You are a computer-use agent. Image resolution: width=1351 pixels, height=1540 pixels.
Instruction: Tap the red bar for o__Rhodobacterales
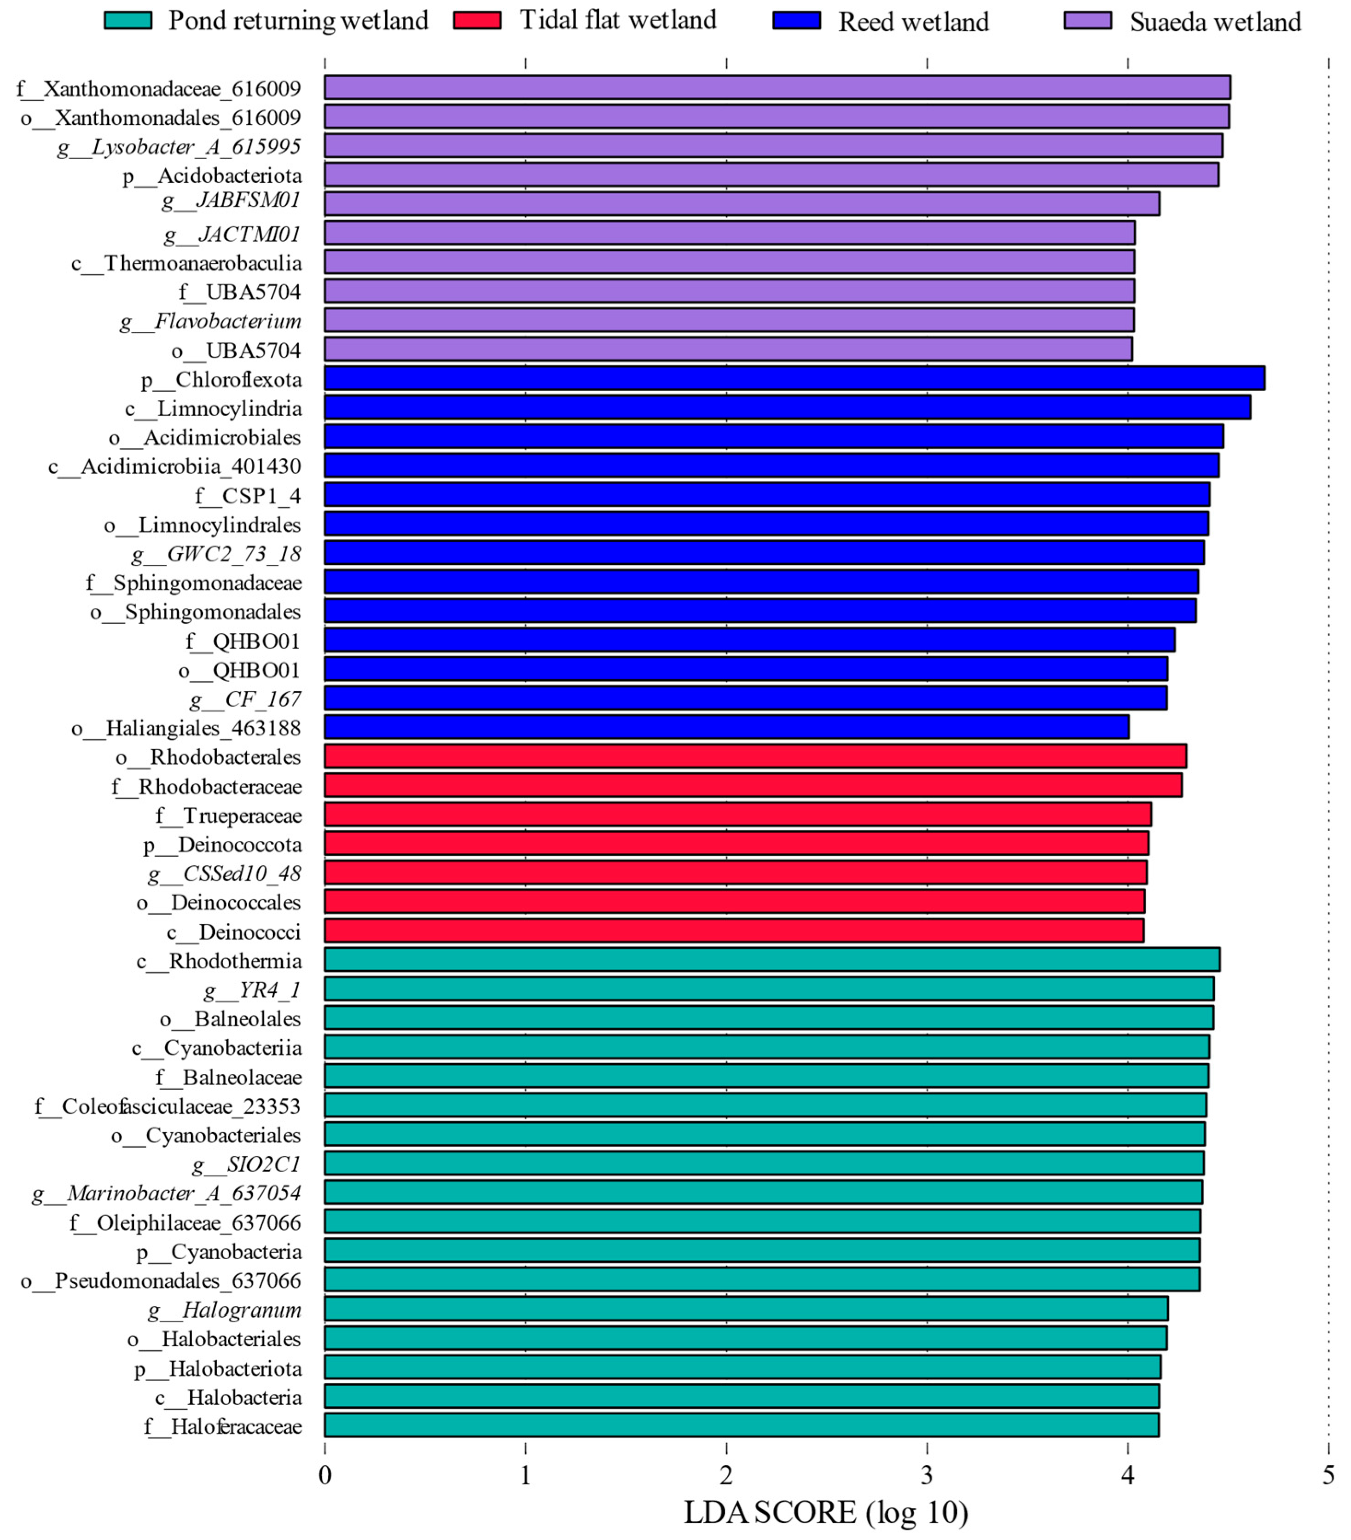754,756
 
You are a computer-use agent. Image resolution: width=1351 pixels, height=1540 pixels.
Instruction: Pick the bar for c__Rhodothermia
771,960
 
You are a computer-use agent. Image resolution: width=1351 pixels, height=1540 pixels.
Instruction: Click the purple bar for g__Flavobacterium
729,320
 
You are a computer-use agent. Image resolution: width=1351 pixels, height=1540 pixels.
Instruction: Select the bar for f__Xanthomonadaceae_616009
777,87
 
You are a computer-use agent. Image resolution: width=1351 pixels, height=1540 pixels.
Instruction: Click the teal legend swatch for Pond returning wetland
128,20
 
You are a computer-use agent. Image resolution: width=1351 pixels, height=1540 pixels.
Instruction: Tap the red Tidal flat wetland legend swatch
477,20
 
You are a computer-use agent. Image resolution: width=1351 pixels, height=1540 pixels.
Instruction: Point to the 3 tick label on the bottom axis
927,1475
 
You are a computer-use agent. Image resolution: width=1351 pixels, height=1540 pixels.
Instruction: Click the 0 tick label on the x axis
325,1475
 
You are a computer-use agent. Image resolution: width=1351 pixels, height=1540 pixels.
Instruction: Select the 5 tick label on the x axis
1328,1475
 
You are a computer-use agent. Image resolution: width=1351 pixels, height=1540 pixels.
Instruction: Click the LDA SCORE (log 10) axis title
826,1513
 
